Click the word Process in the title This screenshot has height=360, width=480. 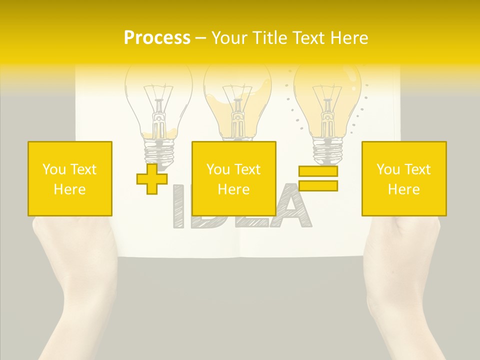pyautogui.click(x=157, y=38)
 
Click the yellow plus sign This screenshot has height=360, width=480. pyautogui.click(x=152, y=179)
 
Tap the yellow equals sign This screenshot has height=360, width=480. pyautogui.click(x=318, y=178)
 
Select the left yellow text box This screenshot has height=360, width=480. pyautogui.click(x=70, y=178)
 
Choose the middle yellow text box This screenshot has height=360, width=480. pyautogui.click(x=234, y=178)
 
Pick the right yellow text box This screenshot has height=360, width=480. pyautogui.click(x=404, y=178)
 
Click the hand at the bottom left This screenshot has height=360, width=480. pyautogui.click(x=75, y=280)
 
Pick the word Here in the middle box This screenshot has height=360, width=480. pyautogui.click(x=234, y=189)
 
